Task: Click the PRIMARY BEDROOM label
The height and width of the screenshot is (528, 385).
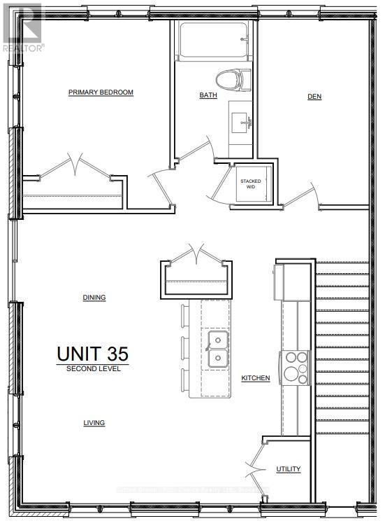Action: tap(101, 92)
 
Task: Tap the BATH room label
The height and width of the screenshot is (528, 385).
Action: tap(208, 96)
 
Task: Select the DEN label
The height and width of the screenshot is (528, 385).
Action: tap(314, 97)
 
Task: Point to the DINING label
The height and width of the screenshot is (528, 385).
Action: tap(94, 298)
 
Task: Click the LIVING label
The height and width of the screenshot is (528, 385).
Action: tap(94, 423)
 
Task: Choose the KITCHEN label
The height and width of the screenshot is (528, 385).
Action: tap(256, 378)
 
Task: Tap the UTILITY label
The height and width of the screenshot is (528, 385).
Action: tap(288, 469)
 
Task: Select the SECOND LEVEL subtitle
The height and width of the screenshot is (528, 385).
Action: tap(93, 368)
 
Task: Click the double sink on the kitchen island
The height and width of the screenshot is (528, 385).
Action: tap(219, 349)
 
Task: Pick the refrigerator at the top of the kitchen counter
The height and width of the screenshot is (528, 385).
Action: tap(289, 281)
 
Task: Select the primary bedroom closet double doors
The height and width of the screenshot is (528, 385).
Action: tap(73, 168)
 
